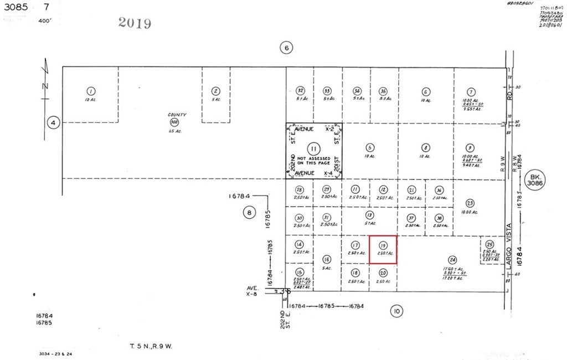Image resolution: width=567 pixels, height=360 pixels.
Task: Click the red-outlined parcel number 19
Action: point(383,245)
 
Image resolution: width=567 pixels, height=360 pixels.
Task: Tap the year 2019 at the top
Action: point(135,23)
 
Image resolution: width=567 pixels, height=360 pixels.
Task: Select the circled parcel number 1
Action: point(90,91)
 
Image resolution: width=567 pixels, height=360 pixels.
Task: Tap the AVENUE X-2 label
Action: point(314,129)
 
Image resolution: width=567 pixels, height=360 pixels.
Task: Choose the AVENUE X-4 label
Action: point(314,173)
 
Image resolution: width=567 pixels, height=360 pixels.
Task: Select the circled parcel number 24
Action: point(453,260)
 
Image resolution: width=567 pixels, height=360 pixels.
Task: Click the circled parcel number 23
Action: point(470,203)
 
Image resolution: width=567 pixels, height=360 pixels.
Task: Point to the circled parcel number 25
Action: point(489,245)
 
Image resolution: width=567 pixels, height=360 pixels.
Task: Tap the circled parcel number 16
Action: point(327,259)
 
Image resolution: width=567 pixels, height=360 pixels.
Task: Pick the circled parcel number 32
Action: point(300,91)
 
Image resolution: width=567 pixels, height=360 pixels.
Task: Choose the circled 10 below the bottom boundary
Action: point(396,312)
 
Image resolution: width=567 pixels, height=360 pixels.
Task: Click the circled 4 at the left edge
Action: point(53,123)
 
